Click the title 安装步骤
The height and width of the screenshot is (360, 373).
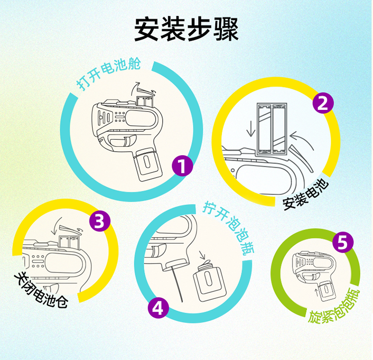[186, 29]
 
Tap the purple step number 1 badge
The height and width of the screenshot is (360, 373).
[183, 166]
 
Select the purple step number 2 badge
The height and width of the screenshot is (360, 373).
[323, 103]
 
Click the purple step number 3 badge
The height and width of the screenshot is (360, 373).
[99, 221]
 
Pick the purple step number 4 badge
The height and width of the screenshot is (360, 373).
[158, 308]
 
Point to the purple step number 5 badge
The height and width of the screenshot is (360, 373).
[343, 242]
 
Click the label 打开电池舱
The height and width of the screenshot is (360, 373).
[109, 73]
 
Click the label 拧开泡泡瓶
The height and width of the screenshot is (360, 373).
[229, 228]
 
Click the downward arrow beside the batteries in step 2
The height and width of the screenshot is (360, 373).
[251, 129]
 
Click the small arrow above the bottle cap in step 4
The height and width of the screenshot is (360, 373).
[202, 255]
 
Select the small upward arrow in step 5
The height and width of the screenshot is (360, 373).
[316, 292]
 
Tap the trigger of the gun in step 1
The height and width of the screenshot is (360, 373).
[130, 141]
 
